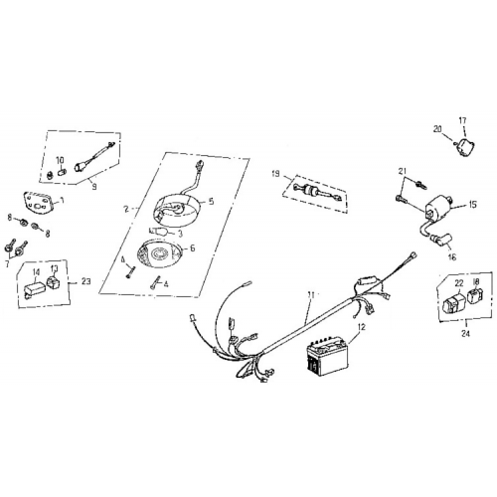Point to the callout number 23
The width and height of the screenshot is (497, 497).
pyautogui.click(x=86, y=282)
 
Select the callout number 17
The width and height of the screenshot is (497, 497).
pyautogui.click(x=461, y=120)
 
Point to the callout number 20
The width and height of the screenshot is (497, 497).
pyautogui.click(x=436, y=128)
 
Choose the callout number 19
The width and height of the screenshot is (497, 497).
pyautogui.click(x=275, y=174)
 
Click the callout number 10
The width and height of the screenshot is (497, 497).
pyautogui.click(x=59, y=159)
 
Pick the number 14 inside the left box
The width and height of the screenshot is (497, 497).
pyautogui.click(x=36, y=269)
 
